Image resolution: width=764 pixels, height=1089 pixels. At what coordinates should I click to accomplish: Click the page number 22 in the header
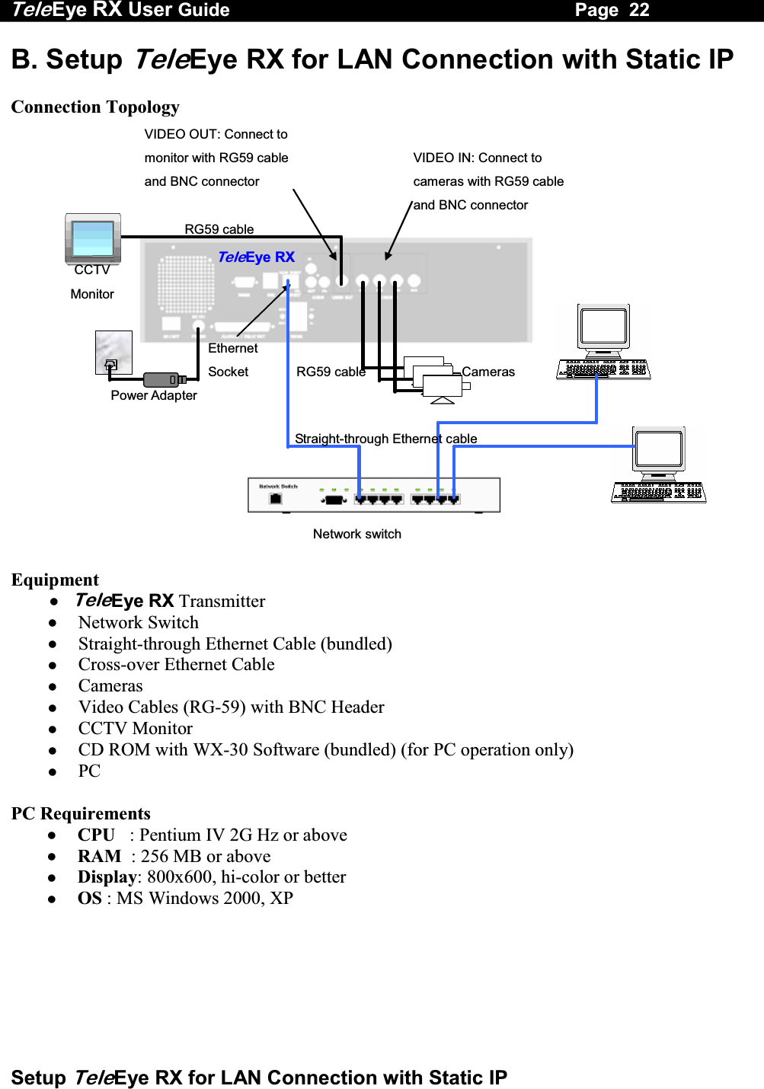(x=638, y=10)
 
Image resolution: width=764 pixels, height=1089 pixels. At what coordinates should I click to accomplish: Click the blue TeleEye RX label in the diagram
(x=256, y=257)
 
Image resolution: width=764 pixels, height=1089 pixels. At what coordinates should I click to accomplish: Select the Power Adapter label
(x=154, y=395)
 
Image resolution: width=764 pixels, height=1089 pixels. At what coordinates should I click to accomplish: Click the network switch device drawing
(x=373, y=495)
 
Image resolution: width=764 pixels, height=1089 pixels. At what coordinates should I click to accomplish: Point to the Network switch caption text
(x=356, y=534)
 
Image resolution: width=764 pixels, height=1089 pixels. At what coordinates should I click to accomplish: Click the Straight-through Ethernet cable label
(x=385, y=439)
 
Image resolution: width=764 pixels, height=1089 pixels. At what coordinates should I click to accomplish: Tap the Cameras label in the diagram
(x=488, y=372)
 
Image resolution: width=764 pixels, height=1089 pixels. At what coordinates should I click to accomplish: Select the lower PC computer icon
(x=659, y=465)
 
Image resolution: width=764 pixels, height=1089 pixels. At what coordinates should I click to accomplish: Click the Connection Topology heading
(x=95, y=107)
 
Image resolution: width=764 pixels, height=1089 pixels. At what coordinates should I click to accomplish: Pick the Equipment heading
(x=55, y=580)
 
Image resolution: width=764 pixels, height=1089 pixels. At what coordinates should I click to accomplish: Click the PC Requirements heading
(x=81, y=813)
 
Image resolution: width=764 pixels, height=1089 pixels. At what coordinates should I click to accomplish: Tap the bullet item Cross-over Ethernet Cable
(x=176, y=664)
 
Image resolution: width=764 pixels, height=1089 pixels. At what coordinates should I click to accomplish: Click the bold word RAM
(x=99, y=856)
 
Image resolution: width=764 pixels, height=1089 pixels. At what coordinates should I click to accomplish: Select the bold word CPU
(x=96, y=835)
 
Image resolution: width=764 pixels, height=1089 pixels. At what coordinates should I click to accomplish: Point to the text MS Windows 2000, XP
(x=204, y=898)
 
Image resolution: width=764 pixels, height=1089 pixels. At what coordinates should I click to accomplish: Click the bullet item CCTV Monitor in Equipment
(x=135, y=728)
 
